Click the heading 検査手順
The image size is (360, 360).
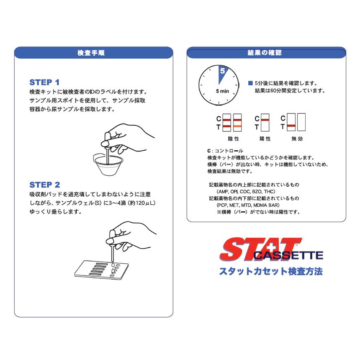point(94,53)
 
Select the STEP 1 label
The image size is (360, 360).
point(44,82)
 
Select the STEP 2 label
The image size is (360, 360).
point(44,185)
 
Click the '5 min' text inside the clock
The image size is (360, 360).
point(222,91)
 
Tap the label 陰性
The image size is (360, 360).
point(233,139)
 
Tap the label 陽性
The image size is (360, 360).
point(265,139)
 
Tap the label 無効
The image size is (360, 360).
point(297,139)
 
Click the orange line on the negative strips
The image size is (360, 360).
point(237,126)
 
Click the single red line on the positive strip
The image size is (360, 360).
point(265,119)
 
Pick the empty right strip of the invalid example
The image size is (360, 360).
point(301,123)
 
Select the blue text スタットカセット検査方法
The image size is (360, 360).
point(271,271)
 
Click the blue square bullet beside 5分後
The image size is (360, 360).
point(250,83)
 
